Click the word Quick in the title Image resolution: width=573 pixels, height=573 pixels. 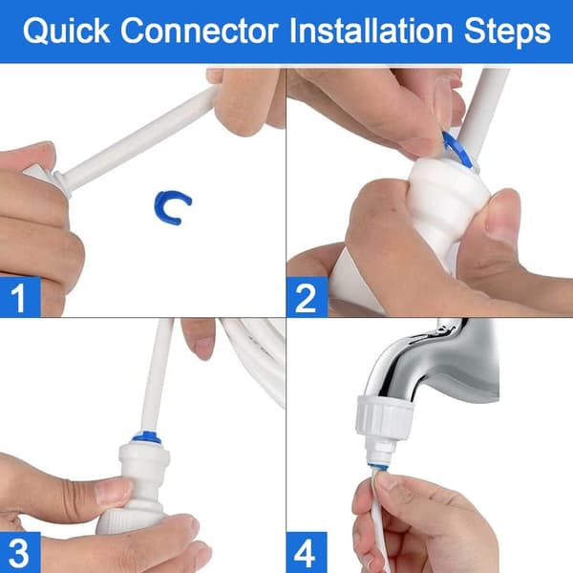66,31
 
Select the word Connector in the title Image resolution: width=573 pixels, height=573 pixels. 200,31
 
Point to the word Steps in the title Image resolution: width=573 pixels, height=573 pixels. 507,32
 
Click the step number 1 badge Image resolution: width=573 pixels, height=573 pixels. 20,297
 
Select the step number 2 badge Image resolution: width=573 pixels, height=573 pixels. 307,297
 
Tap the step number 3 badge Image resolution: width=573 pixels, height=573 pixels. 20,553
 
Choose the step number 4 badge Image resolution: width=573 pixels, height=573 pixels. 307,553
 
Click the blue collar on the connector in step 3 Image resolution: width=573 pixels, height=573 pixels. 146,437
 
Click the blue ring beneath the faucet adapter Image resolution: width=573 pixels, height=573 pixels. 381,468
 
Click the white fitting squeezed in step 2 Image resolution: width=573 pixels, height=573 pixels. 447,204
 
